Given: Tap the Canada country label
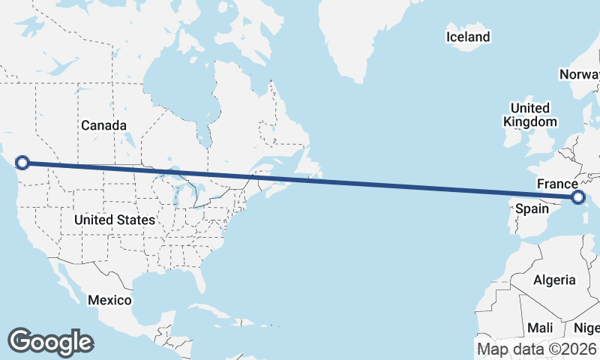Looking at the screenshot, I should pos(103,125).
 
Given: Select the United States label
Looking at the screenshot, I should pos(115,220).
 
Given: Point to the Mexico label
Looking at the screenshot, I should pos(109,300).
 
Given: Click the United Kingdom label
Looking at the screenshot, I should pos(530,115).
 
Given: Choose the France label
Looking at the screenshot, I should pos(557,184).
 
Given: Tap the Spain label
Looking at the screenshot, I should pos(532,208).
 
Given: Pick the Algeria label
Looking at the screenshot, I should pos(554,280).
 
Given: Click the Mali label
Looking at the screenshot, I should pos(540,328).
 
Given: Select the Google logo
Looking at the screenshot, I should pos(51,341).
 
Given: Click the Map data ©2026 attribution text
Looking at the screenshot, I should pos(537,349).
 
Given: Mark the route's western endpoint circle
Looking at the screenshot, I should pos(22,162).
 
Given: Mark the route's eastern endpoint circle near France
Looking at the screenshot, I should pos(577,197).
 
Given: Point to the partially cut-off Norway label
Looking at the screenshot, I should pos(580,74).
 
